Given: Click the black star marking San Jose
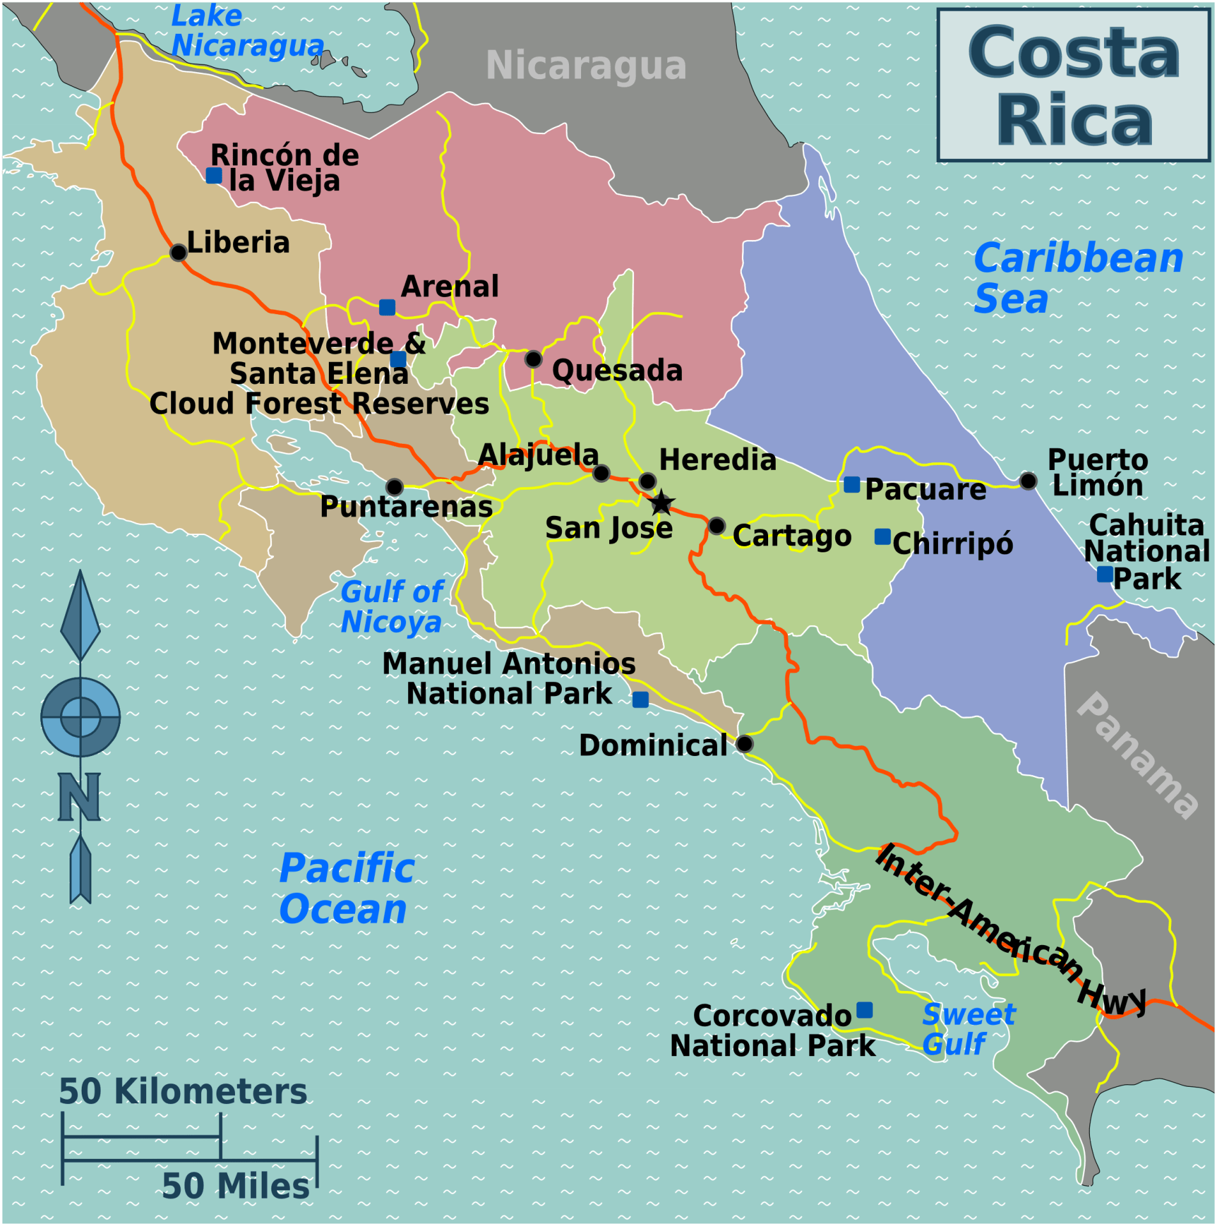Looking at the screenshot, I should click(661, 503).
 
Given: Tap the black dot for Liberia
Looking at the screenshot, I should click(179, 252).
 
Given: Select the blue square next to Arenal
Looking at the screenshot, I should click(387, 307).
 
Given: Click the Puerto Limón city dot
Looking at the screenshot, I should click(1028, 481).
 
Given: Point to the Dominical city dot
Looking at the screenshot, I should click(745, 744).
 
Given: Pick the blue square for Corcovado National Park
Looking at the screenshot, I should click(865, 1010).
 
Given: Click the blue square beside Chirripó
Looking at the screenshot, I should click(883, 536).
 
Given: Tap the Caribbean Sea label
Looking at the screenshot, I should click(1078, 278).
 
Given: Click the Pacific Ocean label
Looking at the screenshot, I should click(346, 888).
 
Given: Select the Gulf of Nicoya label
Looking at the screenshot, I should click(391, 607).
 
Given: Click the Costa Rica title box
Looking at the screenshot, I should click(1074, 85).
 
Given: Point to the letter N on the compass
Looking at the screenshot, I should click(79, 797).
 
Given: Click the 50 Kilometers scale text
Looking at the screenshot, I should click(183, 1091).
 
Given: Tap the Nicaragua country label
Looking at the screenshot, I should click(586, 66).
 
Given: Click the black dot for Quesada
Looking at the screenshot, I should click(534, 359).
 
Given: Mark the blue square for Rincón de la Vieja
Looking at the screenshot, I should click(214, 175).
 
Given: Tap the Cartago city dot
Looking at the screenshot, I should click(717, 526).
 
